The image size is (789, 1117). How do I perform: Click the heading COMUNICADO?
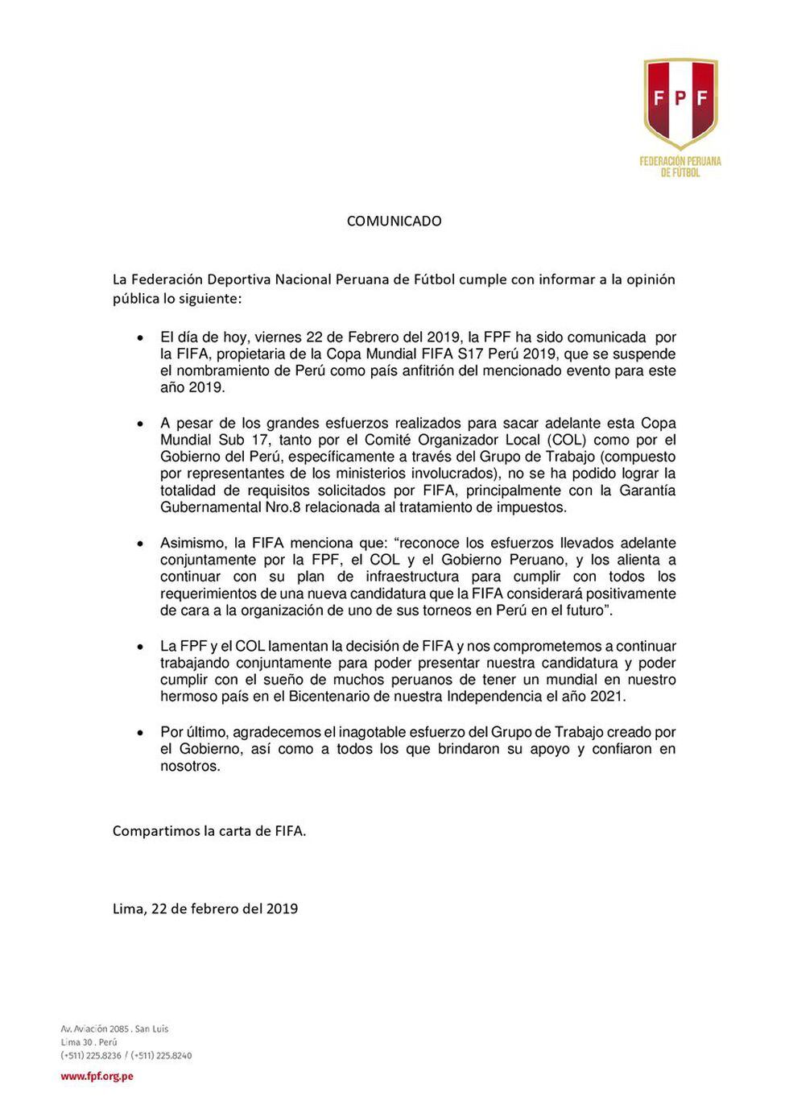[x=394, y=221]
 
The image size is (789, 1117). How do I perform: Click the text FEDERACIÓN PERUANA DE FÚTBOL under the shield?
[x=680, y=166]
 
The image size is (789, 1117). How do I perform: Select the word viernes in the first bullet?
[x=253, y=337]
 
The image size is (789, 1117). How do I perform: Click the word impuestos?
[x=536, y=508]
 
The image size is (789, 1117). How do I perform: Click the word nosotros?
[x=189, y=766]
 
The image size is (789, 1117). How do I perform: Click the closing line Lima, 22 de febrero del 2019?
[x=205, y=908]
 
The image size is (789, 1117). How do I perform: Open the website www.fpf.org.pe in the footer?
[x=97, y=1076]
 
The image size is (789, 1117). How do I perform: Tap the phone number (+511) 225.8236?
[x=91, y=1055]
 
